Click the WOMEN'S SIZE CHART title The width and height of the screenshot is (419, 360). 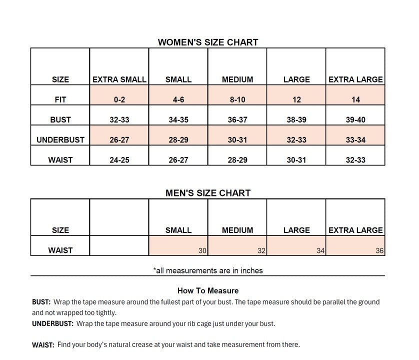tap(208, 42)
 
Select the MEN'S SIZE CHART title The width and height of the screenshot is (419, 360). tap(208, 192)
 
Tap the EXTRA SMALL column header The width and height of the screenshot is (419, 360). tap(119, 79)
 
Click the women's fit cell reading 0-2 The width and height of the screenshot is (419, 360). tap(119, 99)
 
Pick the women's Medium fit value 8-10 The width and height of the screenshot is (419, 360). tap(237, 99)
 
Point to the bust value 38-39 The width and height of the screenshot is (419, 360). tap(296, 119)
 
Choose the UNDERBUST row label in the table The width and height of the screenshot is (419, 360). tap(60, 140)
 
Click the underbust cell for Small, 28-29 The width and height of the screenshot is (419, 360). tap(178, 140)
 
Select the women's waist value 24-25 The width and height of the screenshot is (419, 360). tap(119, 160)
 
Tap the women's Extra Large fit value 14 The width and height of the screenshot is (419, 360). tap(355, 99)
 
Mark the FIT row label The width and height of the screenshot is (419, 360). tap(60, 99)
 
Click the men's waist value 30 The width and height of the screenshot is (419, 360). tap(202, 250)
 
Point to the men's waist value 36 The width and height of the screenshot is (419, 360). tap(379, 250)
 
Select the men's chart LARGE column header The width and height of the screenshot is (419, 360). tap(296, 230)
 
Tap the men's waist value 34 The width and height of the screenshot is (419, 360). tap(320, 250)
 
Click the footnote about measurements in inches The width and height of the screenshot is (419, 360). tap(208, 270)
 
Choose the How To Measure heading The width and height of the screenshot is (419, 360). tap(208, 290)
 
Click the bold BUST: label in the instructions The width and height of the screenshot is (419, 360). tap(41, 302)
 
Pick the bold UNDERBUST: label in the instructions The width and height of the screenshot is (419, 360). tap(53, 323)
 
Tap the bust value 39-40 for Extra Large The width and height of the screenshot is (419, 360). tap(355, 119)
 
